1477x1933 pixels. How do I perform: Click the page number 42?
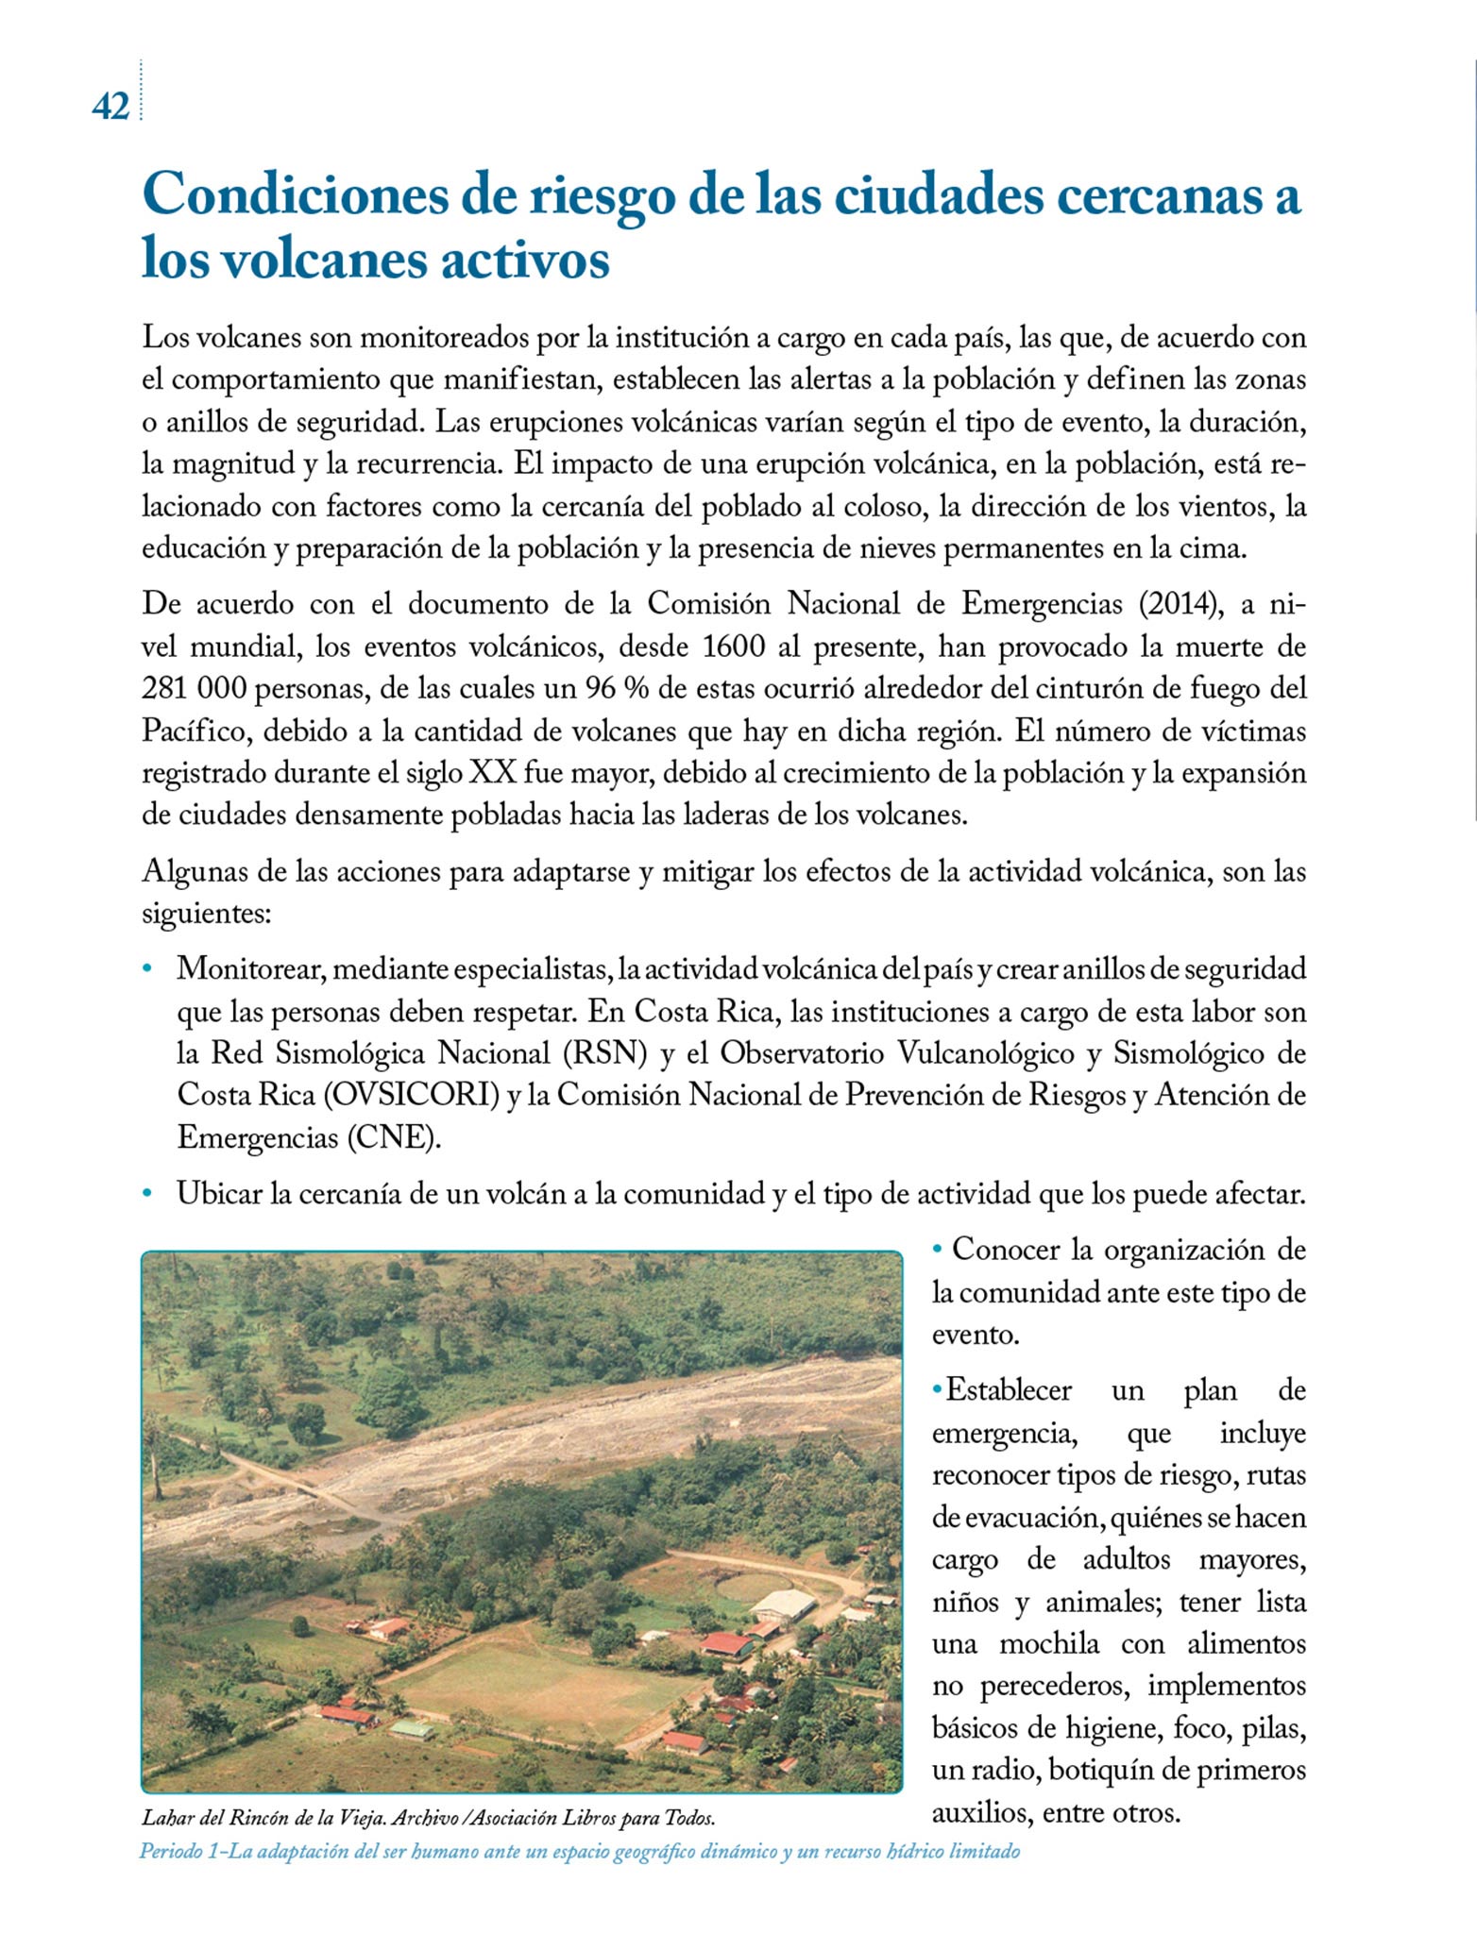click(x=110, y=108)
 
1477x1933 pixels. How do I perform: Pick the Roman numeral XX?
click(x=493, y=773)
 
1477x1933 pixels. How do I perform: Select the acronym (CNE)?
click(x=394, y=1137)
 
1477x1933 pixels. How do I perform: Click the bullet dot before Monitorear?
click(x=147, y=969)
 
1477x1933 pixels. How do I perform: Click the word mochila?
click(x=1049, y=1644)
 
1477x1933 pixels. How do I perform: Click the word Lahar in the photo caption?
click(x=163, y=1818)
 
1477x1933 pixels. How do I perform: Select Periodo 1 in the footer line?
click(x=179, y=1851)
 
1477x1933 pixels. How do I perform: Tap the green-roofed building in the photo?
click(x=412, y=1729)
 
